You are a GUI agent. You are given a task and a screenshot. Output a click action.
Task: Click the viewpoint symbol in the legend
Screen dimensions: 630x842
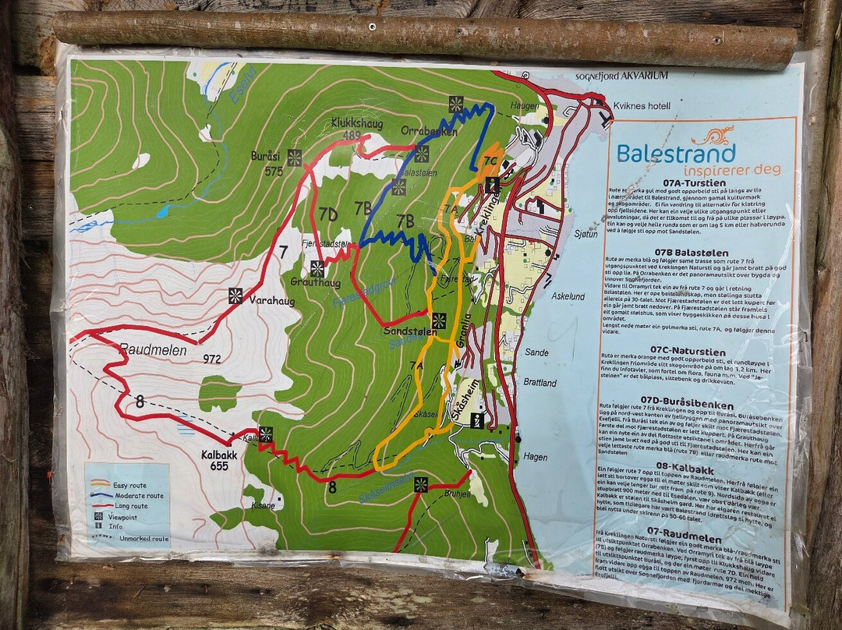(x=100, y=516)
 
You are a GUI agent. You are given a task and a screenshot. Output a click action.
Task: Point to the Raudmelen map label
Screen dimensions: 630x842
(x=154, y=351)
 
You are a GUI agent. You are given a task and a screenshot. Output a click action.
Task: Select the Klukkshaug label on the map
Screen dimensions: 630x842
(x=349, y=123)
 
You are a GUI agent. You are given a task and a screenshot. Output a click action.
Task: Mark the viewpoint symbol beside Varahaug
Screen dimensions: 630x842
(x=235, y=296)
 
